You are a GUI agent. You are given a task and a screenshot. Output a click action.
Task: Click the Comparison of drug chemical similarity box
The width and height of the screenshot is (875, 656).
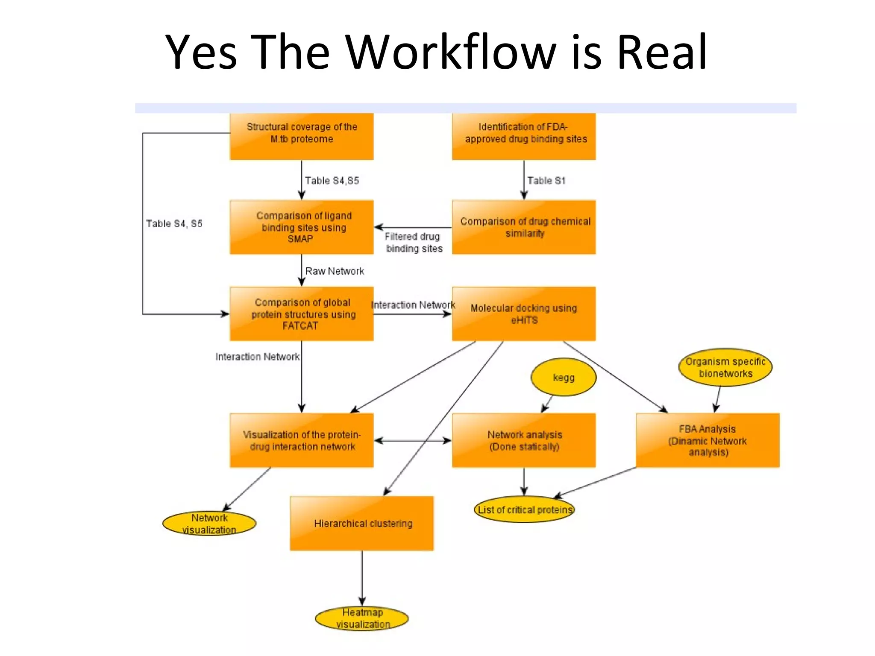(x=524, y=227)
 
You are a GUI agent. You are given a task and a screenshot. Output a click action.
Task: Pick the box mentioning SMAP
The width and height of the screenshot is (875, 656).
(x=302, y=227)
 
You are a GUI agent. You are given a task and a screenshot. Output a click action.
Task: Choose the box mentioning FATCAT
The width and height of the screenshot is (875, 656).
(x=302, y=314)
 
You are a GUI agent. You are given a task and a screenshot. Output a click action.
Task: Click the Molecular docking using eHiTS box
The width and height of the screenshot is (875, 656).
(x=524, y=314)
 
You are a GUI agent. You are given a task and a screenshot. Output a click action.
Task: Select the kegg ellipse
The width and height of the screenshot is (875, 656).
(x=564, y=378)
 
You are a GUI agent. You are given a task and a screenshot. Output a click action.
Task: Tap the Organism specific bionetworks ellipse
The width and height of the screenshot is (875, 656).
(x=725, y=368)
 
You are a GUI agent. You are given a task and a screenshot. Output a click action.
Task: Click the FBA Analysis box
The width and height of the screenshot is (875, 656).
(x=708, y=440)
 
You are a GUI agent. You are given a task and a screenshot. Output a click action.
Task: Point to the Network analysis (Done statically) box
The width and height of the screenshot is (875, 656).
(x=524, y=440)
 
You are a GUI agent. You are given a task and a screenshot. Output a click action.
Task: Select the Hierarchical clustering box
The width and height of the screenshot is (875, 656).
(x=362, y=523)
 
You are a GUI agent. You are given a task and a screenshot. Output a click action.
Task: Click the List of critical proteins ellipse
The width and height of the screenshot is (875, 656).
(x=524, y=510)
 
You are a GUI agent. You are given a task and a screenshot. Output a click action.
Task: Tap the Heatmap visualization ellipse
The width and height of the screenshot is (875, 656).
(x=362, y=618)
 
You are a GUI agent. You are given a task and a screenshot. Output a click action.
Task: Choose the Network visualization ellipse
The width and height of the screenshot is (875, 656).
(x=209, y=524)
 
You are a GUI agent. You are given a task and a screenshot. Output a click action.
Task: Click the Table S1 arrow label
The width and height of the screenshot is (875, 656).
(x=546, y=181)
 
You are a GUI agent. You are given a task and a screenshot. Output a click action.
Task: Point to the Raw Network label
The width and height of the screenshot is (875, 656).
(x=335, y=271)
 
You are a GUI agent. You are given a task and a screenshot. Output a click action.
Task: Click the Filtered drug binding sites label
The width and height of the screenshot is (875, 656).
(x=414, y=243)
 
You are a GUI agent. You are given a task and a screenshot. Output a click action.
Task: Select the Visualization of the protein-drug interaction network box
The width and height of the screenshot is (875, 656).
(x=302, y=440)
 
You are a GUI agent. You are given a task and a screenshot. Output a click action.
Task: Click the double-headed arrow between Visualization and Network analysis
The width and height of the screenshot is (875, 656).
(x=413, y=440)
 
